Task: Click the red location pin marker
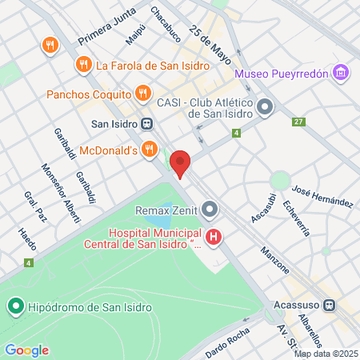pyautogui.click(x=181, y=164)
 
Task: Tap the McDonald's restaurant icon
pyautogui.click(x=149, y=149)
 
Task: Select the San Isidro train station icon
pyautogui.click(x=146, y=124)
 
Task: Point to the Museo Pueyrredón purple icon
pyautogui.click(x=342, y=74)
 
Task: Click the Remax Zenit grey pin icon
pyautogui.click(x=210, y=210)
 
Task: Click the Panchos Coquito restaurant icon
pyautogui.click(x=142, y=94)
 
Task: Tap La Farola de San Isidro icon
pyautogui.click(x=82, y=64)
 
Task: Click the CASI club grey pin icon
pyautogui.click(x=266, y=106)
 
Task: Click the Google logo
pyautogui.click(x=26, y=350)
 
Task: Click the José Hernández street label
pyautogui.click(x=323, y=197)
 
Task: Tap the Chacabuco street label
pyautogui.click(x=166, y=21)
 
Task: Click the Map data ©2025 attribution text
pyautogui.click(x=326, y=354)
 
